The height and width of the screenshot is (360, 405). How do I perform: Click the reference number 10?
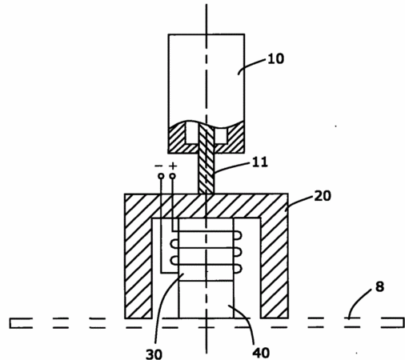coord(276,58)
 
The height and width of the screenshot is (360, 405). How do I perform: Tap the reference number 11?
coord(260,162)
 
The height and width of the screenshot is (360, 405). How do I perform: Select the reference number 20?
coord(323,196)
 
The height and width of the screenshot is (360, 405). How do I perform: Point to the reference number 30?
coord(154,354)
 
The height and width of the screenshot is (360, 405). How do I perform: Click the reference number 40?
coord(261,353)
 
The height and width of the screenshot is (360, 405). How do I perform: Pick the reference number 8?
coord(379,286)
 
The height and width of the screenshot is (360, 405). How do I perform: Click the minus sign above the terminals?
coord(158,166)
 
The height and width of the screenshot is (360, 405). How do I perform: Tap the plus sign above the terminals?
coord(173,166)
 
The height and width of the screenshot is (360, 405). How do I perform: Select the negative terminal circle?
coord(161,176)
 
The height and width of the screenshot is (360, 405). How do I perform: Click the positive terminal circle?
coord(173,176)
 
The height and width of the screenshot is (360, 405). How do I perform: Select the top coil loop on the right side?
coord(239,235)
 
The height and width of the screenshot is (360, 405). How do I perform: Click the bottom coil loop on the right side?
coord(239,269)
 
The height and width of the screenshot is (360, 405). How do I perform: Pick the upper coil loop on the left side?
coord(174,244)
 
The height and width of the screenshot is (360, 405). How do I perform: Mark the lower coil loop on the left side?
coord(174,261)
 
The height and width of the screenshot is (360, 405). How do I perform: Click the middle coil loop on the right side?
coord(239,252)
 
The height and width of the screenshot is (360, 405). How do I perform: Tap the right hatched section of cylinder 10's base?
coord(235,138)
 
